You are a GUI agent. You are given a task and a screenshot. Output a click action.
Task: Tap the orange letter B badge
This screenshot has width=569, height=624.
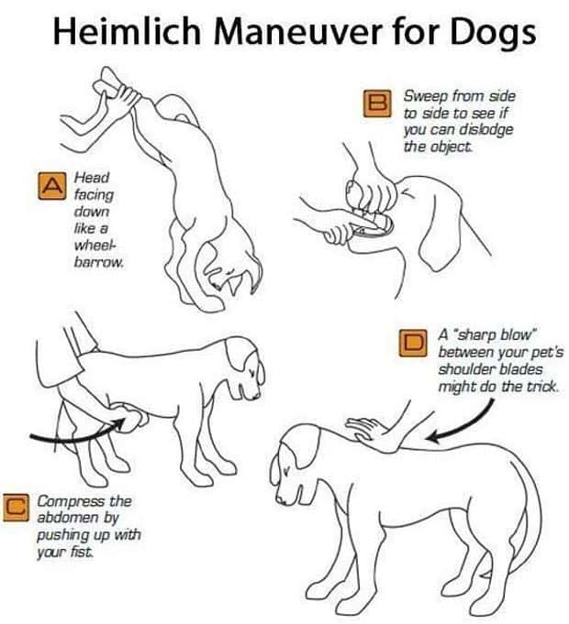click(x=377, y=104)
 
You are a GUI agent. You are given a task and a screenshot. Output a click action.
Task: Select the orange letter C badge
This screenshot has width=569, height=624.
click(x=17, y=507)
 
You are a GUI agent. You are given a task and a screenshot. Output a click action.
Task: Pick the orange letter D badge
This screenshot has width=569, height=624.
click(x=413, y=343)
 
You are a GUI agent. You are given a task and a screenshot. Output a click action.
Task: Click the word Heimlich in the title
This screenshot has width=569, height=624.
click(x=127, y=31)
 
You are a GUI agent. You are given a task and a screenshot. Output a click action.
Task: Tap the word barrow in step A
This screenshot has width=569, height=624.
click(x=97, y=263)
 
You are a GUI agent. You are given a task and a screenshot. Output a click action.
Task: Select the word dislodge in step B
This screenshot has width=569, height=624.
click(x=486, y=130)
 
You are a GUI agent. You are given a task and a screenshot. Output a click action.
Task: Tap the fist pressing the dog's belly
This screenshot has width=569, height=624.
click(x=128, y=418)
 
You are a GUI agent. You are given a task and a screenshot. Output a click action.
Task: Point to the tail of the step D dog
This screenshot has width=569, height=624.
click(x=526, y=518)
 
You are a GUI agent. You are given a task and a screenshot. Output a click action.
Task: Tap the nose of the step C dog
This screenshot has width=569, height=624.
click(x=256, y=397)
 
